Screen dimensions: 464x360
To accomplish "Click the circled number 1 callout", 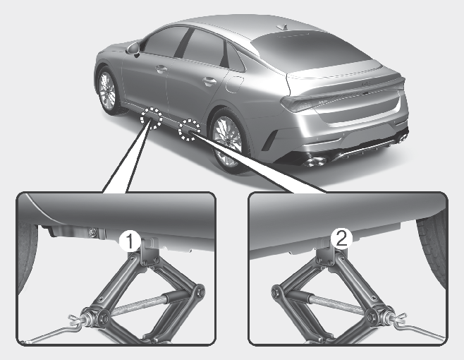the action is [x=130, y=241].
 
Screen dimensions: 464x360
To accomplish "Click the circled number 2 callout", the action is [x=342, y=239].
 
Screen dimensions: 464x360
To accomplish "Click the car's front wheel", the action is [x=107, y=90].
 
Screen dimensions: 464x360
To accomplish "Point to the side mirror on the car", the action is [x=134, y=49].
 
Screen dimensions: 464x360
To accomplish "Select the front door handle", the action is [x=161, y=69].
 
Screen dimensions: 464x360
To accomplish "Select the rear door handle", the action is [x=209, y=80].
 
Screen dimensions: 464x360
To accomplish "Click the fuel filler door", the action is [x=234, y=85].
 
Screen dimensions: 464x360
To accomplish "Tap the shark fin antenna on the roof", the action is [x=283, y=28].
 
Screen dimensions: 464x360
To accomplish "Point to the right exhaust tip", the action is [x=402, y=138].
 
